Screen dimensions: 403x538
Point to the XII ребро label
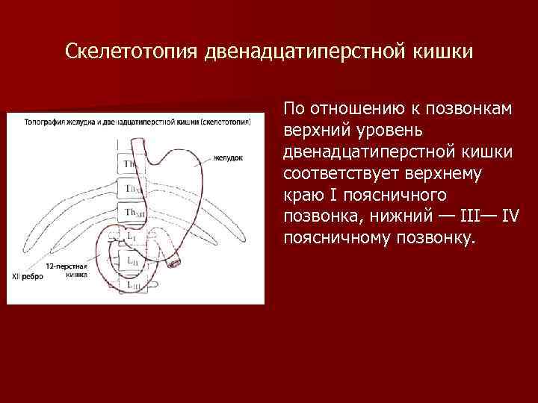point(25,276)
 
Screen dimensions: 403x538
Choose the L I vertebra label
point(132,237)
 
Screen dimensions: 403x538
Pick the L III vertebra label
point(132,285)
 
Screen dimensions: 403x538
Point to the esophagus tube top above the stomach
point(137,143)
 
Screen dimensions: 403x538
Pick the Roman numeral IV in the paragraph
point(510,216)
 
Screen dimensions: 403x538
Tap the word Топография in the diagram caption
point(44,120)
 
